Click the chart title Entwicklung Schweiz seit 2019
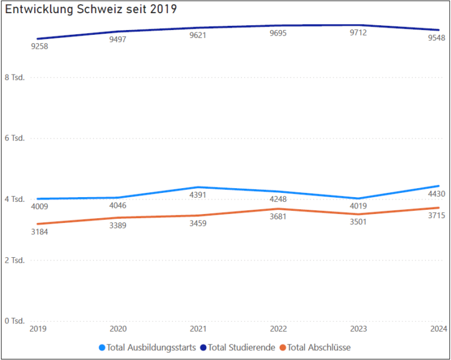pos(91,10)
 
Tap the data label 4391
pos(199,195)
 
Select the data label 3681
pos(278,217)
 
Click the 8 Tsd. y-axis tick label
pos(14,78)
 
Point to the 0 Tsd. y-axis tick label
pos(14,321)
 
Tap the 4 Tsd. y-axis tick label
pos(14,199)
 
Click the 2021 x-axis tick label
pos(198,329)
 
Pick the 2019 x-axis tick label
pos(38,329)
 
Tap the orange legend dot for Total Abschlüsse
pos(283,347)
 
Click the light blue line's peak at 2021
pos(198,187)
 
